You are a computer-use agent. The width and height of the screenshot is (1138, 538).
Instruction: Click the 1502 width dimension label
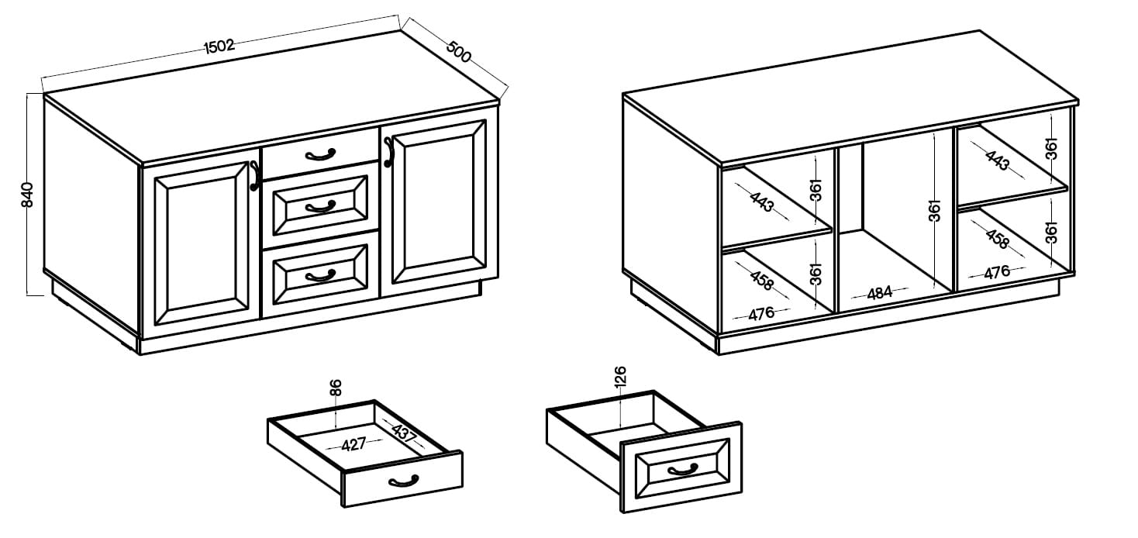coord(219,47)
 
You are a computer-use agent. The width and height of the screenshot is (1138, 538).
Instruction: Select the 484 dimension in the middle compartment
coord(879,293)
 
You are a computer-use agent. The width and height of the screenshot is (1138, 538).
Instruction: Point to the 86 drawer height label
coord(336,388)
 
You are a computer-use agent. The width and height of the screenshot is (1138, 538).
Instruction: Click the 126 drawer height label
coord(620,377)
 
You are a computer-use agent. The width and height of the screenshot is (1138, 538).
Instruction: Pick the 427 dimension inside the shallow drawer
coord(353,444)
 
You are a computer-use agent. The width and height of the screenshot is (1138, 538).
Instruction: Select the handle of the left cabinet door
coord(254,176)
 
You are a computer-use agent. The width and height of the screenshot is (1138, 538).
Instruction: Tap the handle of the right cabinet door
coord(388,151)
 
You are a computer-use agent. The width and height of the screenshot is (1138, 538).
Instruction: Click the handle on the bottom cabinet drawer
coord(320,276)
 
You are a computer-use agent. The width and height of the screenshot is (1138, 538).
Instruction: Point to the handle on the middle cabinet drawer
coord(320,207)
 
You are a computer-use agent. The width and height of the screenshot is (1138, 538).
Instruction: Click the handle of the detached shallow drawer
coord(403,481)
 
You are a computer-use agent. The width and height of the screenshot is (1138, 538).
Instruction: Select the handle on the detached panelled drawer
coord(682,470)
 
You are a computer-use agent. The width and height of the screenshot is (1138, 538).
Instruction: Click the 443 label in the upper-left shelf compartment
coord(762,202)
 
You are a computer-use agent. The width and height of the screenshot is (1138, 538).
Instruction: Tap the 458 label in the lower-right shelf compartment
coord(997,240)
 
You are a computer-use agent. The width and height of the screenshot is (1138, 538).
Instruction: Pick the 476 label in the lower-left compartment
coord(761,313)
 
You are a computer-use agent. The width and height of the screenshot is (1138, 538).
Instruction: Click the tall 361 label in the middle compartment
coord(934,211)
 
